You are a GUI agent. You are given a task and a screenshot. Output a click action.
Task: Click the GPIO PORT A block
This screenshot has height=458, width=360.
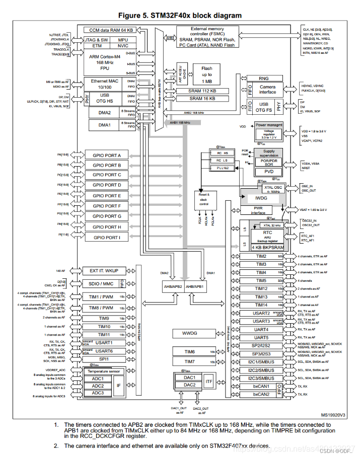pyautogui.click(x=106, y=155)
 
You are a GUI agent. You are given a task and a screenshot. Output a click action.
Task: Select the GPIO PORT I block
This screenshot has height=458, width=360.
pyautogui.click(x=106, y=237)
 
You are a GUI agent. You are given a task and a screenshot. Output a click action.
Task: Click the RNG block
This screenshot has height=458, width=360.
pyautogui.click(x=263, y=79)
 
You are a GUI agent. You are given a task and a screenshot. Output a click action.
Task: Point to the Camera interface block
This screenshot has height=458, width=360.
pyautogui.click(x=267, y=89)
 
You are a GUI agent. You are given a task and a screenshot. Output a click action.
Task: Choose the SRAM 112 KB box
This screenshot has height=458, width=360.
pyautogui.click(x=202, y=91)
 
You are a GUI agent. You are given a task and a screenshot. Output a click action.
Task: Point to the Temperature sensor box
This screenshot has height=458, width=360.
pyautogui.click(x=104, y=371)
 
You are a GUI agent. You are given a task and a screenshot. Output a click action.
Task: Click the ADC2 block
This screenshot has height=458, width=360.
pyautogui.click(x=98, y=386)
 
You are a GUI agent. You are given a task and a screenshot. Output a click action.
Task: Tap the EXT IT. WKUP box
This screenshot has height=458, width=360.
pyautogui.click(x=104, y=271)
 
